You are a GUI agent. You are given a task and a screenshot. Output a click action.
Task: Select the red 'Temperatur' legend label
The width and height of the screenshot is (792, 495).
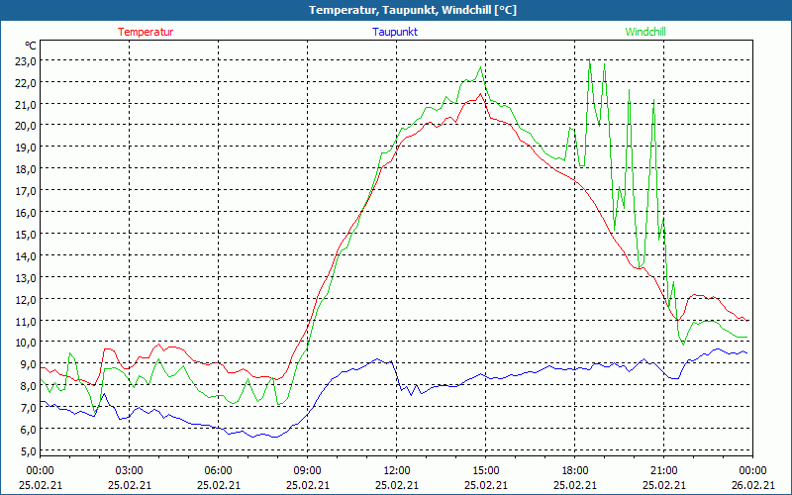click(146, 32)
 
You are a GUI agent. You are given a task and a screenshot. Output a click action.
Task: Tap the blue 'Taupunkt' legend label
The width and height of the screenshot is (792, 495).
click(395, 32)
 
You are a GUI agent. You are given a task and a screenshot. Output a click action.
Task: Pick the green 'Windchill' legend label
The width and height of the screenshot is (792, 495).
click(645, 32)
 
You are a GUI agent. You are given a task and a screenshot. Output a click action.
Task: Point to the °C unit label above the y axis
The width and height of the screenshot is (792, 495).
click(31, 46)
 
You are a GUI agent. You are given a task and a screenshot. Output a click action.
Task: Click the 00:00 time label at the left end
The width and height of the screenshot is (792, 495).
click(40, 469)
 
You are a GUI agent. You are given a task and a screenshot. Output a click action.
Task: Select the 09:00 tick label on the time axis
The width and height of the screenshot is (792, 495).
click(307, 469)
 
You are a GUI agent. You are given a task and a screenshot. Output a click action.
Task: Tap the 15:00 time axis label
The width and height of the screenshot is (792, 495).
click(485, 469)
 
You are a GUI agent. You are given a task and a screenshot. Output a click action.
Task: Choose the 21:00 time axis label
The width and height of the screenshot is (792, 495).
click(663, 469)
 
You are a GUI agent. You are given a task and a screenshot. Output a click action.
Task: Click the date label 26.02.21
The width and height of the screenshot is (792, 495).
click(752, 484)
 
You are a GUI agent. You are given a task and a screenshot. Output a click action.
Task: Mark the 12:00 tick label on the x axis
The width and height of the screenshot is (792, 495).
click(396, 469)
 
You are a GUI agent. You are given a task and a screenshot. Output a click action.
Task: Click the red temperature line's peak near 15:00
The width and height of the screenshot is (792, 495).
click(481, 94)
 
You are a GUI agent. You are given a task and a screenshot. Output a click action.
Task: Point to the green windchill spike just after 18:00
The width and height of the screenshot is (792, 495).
click(590, 62)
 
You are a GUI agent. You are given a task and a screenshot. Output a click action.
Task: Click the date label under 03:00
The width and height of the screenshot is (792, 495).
click(129, 484)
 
